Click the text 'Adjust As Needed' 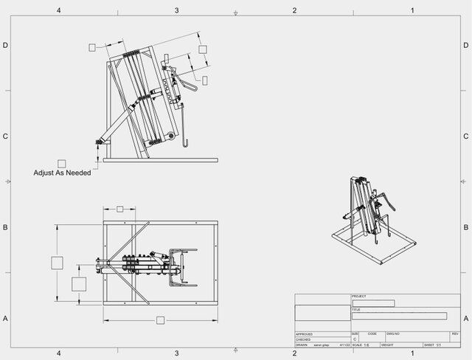(x=62, y=173)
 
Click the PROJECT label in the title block (x=359, y=296)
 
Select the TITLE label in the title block (x=357, y=310)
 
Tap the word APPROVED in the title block (x=305, y=334)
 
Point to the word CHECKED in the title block (x=303, y=339)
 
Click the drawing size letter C (x=355, y=339)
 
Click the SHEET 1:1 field (x=432, y=345)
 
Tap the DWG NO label (x=392, y=334)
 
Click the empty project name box (x=373, y=303)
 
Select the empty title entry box (x=399, y=316)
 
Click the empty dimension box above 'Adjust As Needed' (x=62, y=163)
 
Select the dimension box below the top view (x=160, y=319)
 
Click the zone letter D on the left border (x=5, y=45)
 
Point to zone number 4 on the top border (x=58, y=10)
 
